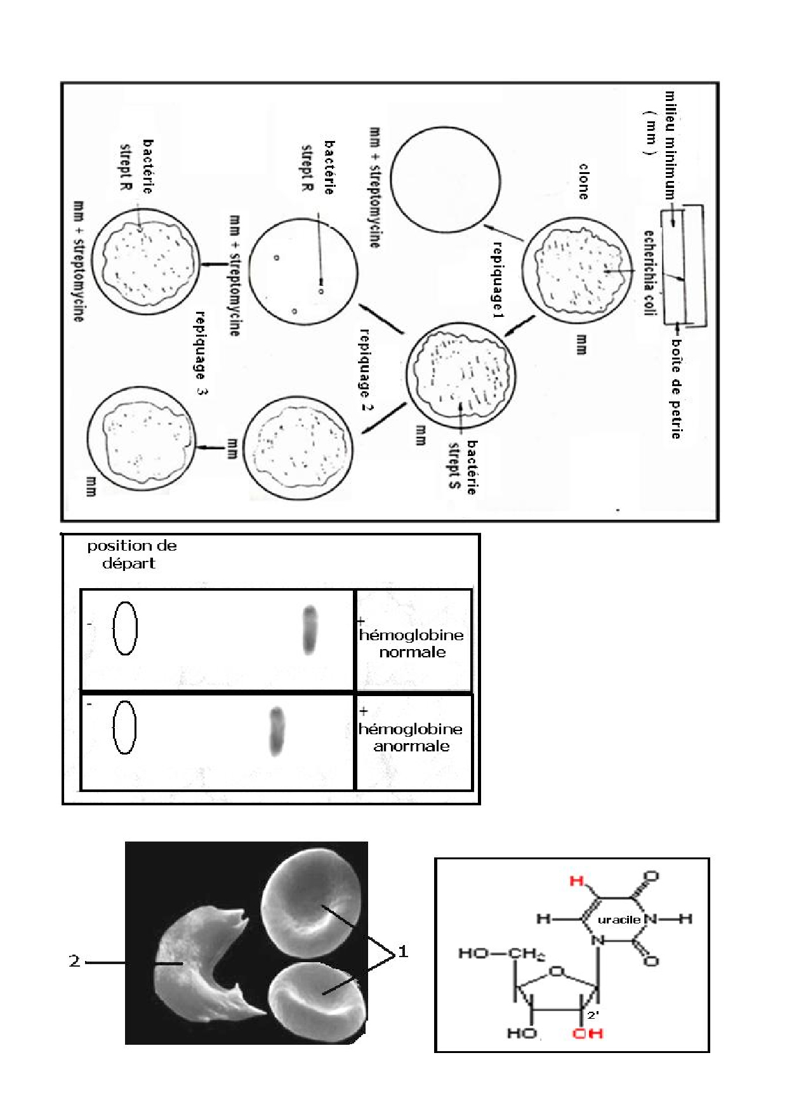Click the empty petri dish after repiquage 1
(445, 180)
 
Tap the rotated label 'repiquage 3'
(201, 353)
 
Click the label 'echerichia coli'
(649, 273)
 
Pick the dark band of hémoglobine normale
(309, 630)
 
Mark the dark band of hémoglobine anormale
(276, 732)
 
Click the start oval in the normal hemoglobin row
(125, 628)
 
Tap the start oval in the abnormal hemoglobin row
(124, 727)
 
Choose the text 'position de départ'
(131, 554)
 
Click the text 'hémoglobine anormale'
(411, 737)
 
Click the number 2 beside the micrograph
(74, 962)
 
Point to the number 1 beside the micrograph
(402, 952)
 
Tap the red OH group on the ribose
(587, 1033)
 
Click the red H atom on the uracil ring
(576, 881)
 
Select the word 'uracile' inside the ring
(618, 920)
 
